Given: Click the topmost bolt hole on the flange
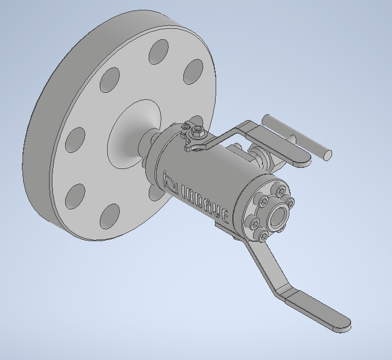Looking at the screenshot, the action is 159,51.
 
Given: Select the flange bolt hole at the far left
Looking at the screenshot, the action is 75,140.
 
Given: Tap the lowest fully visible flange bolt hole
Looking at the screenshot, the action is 110,216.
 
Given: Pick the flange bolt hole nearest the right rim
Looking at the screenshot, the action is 193,72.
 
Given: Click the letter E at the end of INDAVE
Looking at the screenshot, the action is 225,216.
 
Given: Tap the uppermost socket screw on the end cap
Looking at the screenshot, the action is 281,192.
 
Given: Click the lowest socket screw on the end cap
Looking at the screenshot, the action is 263,235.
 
